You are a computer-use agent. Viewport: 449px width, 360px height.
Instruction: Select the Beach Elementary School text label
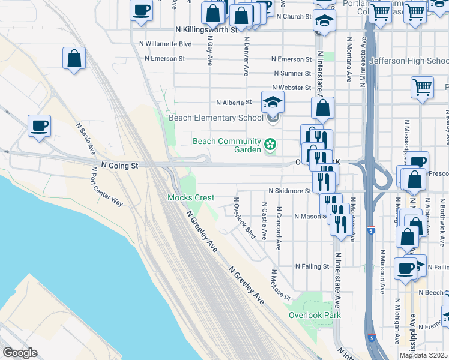click(215, 118)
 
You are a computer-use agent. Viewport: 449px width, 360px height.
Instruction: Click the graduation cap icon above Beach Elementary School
click(273, 102)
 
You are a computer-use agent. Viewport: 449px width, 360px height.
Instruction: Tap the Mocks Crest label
click(190, 197)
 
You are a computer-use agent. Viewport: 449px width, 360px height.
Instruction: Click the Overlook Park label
click(314, 315)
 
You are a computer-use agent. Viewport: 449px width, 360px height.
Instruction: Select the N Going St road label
click(119, 165)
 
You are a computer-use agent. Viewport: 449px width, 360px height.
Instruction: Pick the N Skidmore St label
click(290, 191)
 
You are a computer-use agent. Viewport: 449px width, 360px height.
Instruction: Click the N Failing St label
click(312, 266)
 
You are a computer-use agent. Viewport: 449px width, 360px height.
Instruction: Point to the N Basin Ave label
click(86, 137)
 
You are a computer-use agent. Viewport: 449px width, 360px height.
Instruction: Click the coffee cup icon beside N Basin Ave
click(40, 126)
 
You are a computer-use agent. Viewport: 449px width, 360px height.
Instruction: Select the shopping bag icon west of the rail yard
click(74, 59)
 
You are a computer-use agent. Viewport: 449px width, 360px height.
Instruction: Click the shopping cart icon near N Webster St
click(422, 87)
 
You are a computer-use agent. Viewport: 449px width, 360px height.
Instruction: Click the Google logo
click(20, 353)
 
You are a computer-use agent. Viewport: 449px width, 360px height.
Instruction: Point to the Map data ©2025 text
click(423, 355)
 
